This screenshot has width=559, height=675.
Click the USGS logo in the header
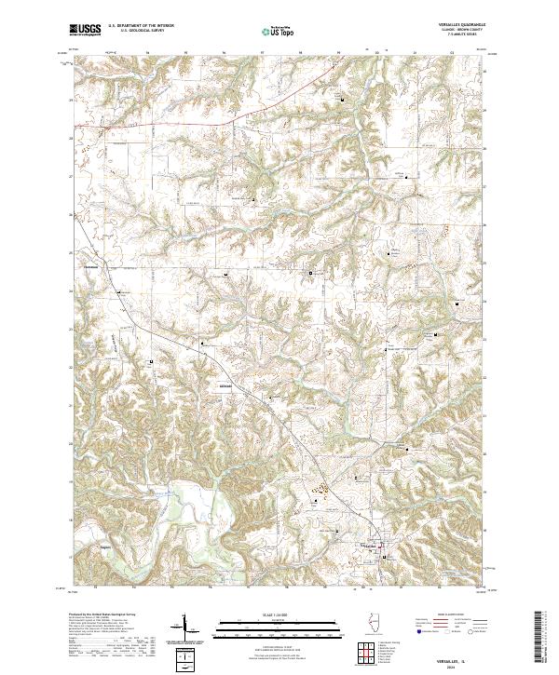[85, 31]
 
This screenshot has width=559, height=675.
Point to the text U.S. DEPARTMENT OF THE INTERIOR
[140, 25]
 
